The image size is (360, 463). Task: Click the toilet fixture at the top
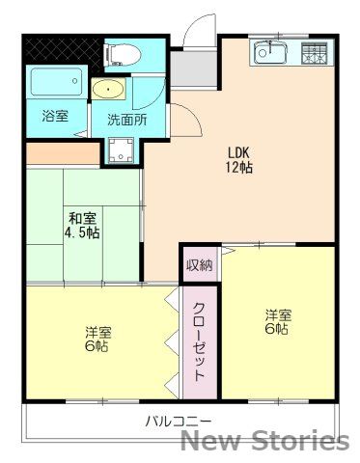tap(124, 52)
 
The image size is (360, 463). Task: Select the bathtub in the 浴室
tap(55, 85)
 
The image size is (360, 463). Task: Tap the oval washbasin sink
tap(108, 91)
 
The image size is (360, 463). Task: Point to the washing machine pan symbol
tap(122, 150)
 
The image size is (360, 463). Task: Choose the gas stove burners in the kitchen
tap(314, 53)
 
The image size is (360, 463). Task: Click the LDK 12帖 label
tap(239, 160)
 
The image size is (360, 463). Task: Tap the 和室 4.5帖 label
tap(82, 225)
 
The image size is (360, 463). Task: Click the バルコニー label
tap(178, 421)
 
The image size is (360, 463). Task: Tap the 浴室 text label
tap(54, 117)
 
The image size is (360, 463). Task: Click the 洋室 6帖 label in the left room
tap(97, 339)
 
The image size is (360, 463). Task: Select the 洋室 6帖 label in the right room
tap(278, 321)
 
